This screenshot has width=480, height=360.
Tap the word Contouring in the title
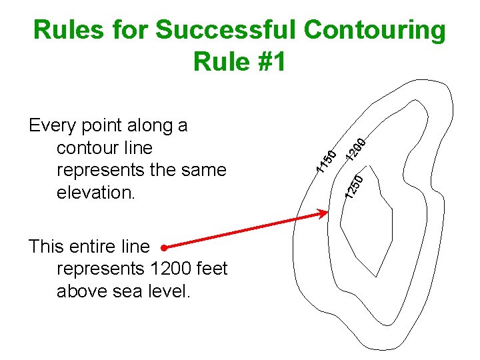click(x=374, y=30)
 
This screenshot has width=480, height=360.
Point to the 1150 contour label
click(x=325, y=159)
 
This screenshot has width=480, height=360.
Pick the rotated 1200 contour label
click(x=355, y=149)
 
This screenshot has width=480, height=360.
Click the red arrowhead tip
click(x=327, y=213)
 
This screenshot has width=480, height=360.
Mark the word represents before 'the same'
click(x=100, y=171)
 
